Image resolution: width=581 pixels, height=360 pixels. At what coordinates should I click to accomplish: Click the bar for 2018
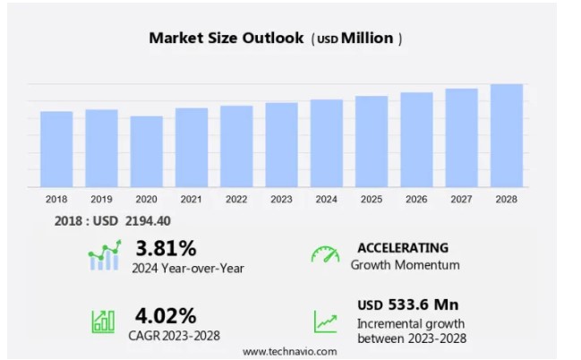(x=56, y=150)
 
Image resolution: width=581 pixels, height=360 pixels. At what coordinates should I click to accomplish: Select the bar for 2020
(x=146, y=152)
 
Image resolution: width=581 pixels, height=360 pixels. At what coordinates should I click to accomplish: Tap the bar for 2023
(x=281, y=145)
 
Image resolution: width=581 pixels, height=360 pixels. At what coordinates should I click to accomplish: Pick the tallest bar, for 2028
(x=507, y=136)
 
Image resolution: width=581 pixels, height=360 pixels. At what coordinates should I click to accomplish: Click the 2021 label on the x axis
(x=191, y=199)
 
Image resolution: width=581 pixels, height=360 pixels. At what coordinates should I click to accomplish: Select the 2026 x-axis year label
(x=416, y=199)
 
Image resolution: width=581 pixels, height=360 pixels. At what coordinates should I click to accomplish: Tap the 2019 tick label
(x=101, y=199)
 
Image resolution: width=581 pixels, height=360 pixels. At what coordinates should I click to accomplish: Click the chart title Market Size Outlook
(x=226, y=38)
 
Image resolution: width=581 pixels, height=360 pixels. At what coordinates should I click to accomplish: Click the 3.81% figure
(x=166, y=247)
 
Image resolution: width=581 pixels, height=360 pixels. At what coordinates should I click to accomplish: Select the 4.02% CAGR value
(x=166, y=315)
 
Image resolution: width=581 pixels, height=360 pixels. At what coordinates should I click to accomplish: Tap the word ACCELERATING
(x=403, y=247)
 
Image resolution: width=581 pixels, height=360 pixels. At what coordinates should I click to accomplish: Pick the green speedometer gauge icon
(x=325, y=254)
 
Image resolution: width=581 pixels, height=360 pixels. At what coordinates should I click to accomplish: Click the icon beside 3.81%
(x=104, y=255)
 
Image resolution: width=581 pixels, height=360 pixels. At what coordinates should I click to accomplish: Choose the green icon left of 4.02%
(x=103, y=321)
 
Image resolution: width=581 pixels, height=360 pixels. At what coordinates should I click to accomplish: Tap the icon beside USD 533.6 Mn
(x=325, y=321)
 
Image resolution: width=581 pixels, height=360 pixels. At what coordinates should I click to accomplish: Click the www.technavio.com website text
(x=290, y=351)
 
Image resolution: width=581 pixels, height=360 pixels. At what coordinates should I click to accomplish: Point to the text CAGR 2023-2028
(x=175, y=335)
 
